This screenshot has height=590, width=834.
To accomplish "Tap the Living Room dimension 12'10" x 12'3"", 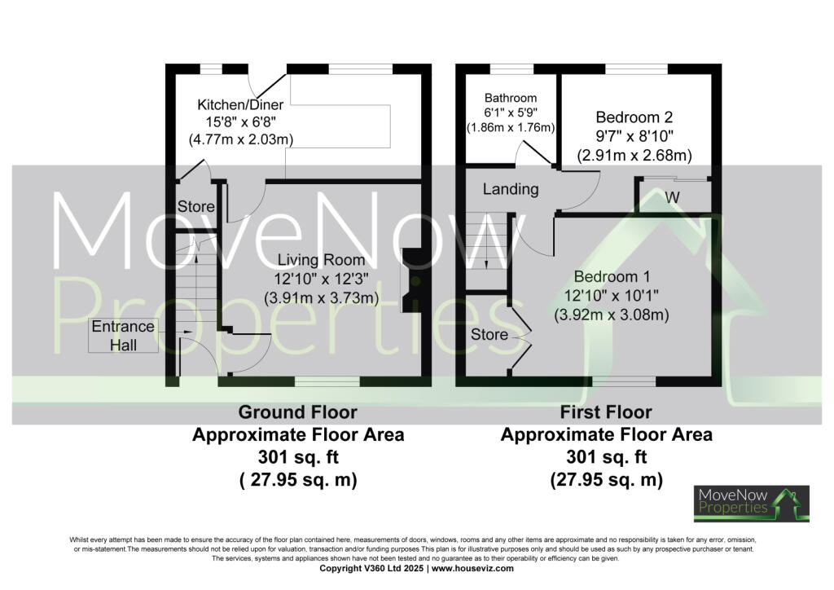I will [x=322, y=279].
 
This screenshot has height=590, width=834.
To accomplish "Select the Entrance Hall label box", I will [x=123, y=336].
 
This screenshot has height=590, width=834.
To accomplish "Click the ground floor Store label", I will [x=195, y=206].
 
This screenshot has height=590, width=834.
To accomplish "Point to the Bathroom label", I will [x=511, y=98].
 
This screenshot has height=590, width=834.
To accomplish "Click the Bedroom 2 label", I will [x=634, y=117].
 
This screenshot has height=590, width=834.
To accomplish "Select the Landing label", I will [x=511, y=189].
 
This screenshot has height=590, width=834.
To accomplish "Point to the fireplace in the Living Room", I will [x=410, y=280].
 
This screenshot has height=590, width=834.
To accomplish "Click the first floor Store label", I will [x=489, y=334].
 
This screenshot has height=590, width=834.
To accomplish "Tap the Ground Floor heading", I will [x=297, y=412].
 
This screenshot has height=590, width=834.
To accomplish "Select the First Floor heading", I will [x=606, y=412].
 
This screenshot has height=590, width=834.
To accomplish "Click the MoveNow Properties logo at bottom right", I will [x=751, y=503].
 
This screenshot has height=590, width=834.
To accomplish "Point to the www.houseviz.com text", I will [x=472, y=568].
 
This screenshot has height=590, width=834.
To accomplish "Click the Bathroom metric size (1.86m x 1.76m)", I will [x=511, y=128].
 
